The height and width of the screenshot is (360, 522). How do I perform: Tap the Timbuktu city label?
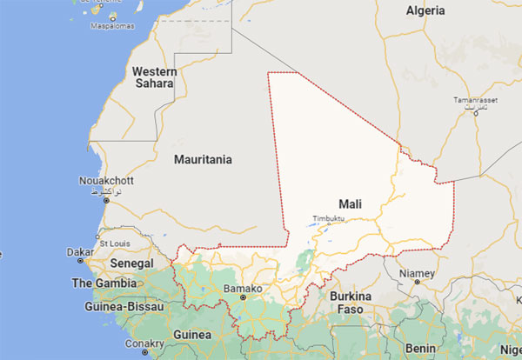click(x=329, y=218)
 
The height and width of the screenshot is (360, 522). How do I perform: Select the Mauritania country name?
click(x=203, y=160)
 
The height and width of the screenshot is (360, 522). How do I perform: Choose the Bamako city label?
click(x=243, y=288)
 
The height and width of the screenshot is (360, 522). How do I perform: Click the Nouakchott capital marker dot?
click(x=106, y=200)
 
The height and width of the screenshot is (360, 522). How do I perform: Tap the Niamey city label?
click(x=416, y=273)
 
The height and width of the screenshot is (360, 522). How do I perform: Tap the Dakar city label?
click(x=80, y=251)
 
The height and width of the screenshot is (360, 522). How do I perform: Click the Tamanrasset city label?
click(x=475, y=101)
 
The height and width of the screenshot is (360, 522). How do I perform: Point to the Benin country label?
click(x=420, y=348)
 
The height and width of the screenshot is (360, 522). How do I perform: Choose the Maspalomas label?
click(x=111, y=26)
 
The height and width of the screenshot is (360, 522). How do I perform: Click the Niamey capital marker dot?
click(x=417, y=283)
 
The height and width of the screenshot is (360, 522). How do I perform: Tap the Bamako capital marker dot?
click(x=243, y=297)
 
